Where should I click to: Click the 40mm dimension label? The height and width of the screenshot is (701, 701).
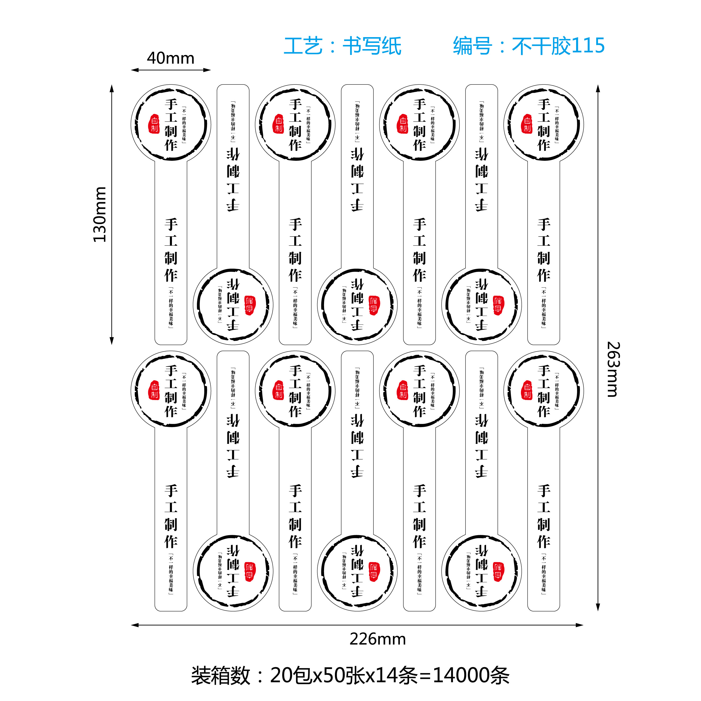point(170,58)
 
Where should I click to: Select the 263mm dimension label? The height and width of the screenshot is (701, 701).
point(613,369)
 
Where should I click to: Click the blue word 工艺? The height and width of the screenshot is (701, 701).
point(303,46)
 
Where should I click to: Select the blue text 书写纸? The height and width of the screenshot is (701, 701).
point(372,46)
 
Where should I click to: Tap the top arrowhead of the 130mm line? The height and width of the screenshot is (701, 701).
point(112,88)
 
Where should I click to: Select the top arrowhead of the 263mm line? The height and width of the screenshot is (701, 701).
point(598,88)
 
